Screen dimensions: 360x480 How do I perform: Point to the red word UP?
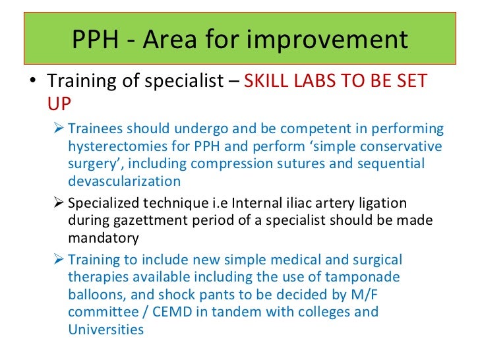[58, 104]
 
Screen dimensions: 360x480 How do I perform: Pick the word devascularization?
[124, 181]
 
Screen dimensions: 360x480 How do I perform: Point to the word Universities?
[105, 328]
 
